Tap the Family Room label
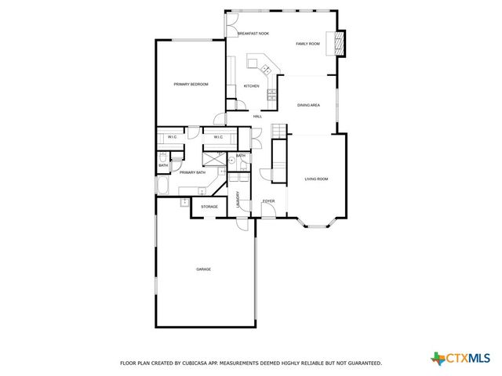[x=307, y=44]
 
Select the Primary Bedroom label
[x=191, y=84]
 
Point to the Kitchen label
[x=251, y=86]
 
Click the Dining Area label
[x=308, y=105]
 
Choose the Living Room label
[x=316, y=179]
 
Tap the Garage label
[x=203, y=269]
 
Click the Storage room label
[x=209, y=207]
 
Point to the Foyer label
[x=268, y=201]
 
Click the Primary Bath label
[x=191, y=172]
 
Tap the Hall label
[x=257, y=117]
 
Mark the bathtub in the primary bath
[x=162, y=186]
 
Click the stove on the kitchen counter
[x=271, y=94]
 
